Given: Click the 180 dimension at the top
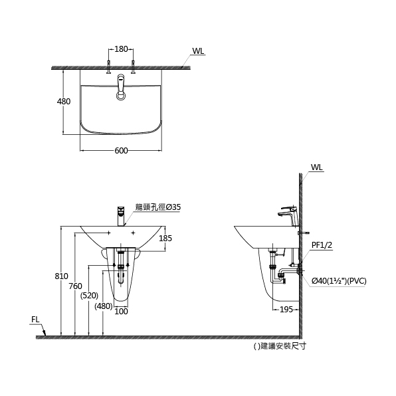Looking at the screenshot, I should pyautogui.click(x=121, y=50).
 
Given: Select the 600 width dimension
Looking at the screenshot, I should pyautogui.click(x=121, y=151).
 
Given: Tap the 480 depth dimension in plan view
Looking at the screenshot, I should pyautogui.click(x=64, y=102).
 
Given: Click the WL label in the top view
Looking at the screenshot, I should pyautogui.click(x=198, y=51).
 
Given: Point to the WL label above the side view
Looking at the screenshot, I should pyautogui.click(x=316, y=168).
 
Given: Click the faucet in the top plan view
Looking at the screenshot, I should pyautogui.click(x=121, y=86).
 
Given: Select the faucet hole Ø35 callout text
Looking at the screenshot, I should pyautogui.click(x=158, y=207).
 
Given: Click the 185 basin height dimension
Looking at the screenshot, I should pyautogui.click(x=165, y=239).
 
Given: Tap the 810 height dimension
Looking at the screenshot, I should pyautogui.click(x=62, y=276).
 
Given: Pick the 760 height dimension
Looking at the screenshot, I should pyautogui.click(x=76, y=286).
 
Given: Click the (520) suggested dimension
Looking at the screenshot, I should pyautogui.click(x=89, y=295).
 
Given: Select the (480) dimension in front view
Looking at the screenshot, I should pyautogui.click(x=103, y=306).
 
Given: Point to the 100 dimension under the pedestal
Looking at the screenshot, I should pyautogui.click(x=121, y=311).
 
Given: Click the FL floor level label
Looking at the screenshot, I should pyautogui.click(x=36, y=320).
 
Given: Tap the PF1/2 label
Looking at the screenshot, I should pyautogui.click(x=322, y=245).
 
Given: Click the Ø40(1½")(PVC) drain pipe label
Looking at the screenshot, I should pyautogui.click(x=339, y=281).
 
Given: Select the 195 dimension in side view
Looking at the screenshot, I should pyautogui.click(x=286, y=310).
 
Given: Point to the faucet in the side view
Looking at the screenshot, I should pyautogui.click(x=288, y=214).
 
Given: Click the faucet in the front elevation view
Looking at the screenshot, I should pyautogui.click(x=121, y=215).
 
